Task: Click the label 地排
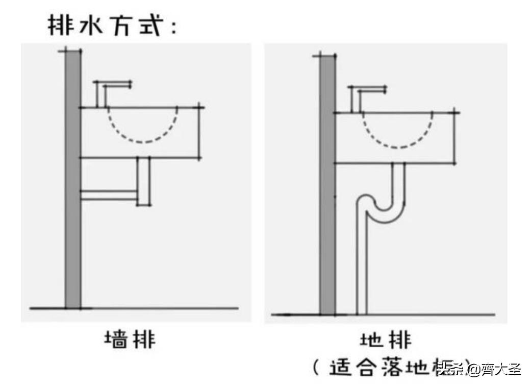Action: pyautogui.click(x=385, y=340)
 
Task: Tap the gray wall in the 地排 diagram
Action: pyautogui.click(x=327, y=204)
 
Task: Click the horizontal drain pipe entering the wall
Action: pyautogui.click(x=108, y=195)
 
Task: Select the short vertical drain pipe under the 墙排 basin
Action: pyautogui.click(x=143, y=181)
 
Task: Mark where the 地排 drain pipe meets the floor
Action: pyautogui.click(x=361, y=312)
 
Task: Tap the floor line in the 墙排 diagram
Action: pyautogui.click(x=153, y=308)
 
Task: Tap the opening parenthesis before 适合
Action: pyautogui.click(x=316, y=368)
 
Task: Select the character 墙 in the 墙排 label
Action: pyautogui.click(x=116, y=340)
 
